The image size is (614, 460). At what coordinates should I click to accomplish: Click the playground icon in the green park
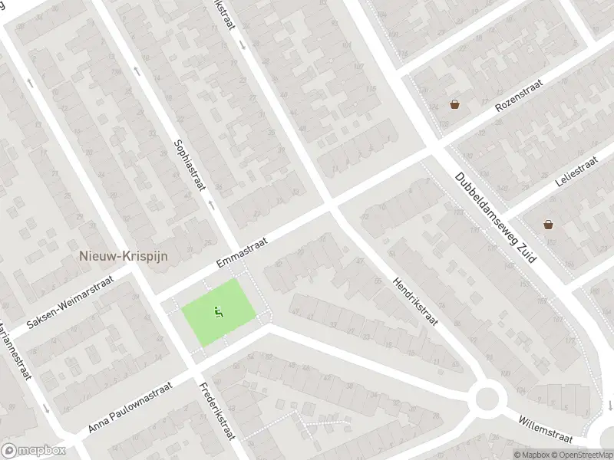coord(219,312)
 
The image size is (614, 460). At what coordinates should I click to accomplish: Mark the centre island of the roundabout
coord(487,399)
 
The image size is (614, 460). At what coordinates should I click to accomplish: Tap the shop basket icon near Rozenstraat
coord(455,104)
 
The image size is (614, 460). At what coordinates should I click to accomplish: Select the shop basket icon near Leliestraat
coord(548,225)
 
